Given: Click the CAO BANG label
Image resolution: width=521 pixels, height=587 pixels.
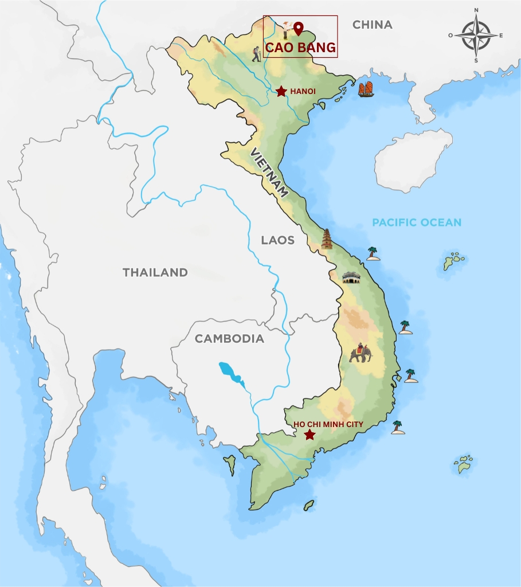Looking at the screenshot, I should click(300, 47).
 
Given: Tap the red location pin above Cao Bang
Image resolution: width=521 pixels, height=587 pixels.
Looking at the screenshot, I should click(298, 29).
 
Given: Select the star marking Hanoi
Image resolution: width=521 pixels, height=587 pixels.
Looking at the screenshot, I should click(281, 91).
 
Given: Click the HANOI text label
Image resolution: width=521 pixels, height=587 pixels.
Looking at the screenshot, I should click(303, 91).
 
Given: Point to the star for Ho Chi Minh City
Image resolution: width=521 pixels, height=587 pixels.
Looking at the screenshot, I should click(310, 435).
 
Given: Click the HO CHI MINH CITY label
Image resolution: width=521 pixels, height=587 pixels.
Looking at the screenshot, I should click(328, 424).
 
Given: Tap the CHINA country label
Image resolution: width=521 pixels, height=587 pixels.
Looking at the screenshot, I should click(372, 25).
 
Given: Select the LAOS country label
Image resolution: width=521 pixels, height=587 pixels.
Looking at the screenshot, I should click(277, 240).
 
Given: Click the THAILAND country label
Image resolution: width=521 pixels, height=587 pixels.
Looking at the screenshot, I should click(155, 272).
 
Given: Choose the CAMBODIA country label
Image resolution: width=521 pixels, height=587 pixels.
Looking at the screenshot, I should click(229, 339).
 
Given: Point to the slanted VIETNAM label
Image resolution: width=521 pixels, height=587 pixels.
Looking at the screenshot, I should click(268, 173).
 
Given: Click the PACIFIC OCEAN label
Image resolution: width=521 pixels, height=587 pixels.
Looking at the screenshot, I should click(417, 222).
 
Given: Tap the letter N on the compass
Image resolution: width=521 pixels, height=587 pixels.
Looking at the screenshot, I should click(477, 10).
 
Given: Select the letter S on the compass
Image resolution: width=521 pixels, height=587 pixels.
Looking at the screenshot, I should click(476, 60).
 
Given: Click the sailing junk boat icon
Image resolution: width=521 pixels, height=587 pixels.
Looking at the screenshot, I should click(366, 89).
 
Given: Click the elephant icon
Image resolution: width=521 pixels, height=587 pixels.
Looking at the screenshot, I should click(360, 353).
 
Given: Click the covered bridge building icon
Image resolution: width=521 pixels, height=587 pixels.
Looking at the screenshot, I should click(351, 278).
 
